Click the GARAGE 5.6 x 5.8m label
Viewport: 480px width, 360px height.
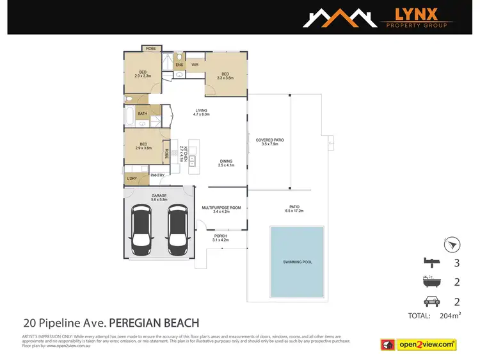point(159,197)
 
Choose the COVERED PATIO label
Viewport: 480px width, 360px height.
point(269,142)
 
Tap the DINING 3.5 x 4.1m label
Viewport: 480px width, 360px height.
point(226,163)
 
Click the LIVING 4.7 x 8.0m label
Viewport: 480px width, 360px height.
point(202,112)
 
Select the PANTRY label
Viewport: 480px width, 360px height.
point(157,175)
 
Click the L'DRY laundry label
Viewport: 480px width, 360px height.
point(132,178)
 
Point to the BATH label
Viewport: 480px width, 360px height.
point(142,114)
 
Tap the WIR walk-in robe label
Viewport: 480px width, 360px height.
point(195,64)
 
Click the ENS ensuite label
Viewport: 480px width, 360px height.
point(179,64)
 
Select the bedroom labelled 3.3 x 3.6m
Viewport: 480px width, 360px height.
point(225,76)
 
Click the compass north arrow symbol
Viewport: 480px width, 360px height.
point(452,245)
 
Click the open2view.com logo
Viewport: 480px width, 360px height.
point(425,345)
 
